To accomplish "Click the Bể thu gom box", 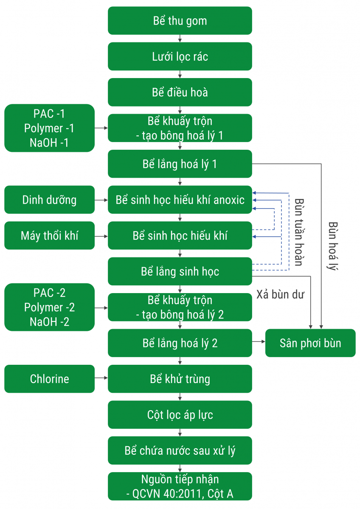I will (180, 21).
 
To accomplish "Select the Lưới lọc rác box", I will (180, 56).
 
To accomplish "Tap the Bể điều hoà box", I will (180, 92).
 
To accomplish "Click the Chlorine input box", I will (49, 379).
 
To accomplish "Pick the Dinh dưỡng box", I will (49, 199).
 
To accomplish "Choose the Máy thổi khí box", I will (49, 235).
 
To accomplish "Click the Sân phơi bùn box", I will (310, 343).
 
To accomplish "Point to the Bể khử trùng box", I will (180, 379).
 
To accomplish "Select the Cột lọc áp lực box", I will (180, 414).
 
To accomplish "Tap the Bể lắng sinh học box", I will (180, 271).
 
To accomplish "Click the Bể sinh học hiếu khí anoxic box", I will (180, 199).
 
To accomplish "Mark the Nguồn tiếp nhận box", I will (180, 487).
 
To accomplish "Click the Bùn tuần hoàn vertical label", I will (298, 231).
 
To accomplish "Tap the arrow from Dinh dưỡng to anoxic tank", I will (101, 199).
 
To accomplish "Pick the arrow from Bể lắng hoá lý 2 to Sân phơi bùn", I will (259, 341).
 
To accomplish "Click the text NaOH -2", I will (49, 322).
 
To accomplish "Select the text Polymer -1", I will (49, 128).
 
